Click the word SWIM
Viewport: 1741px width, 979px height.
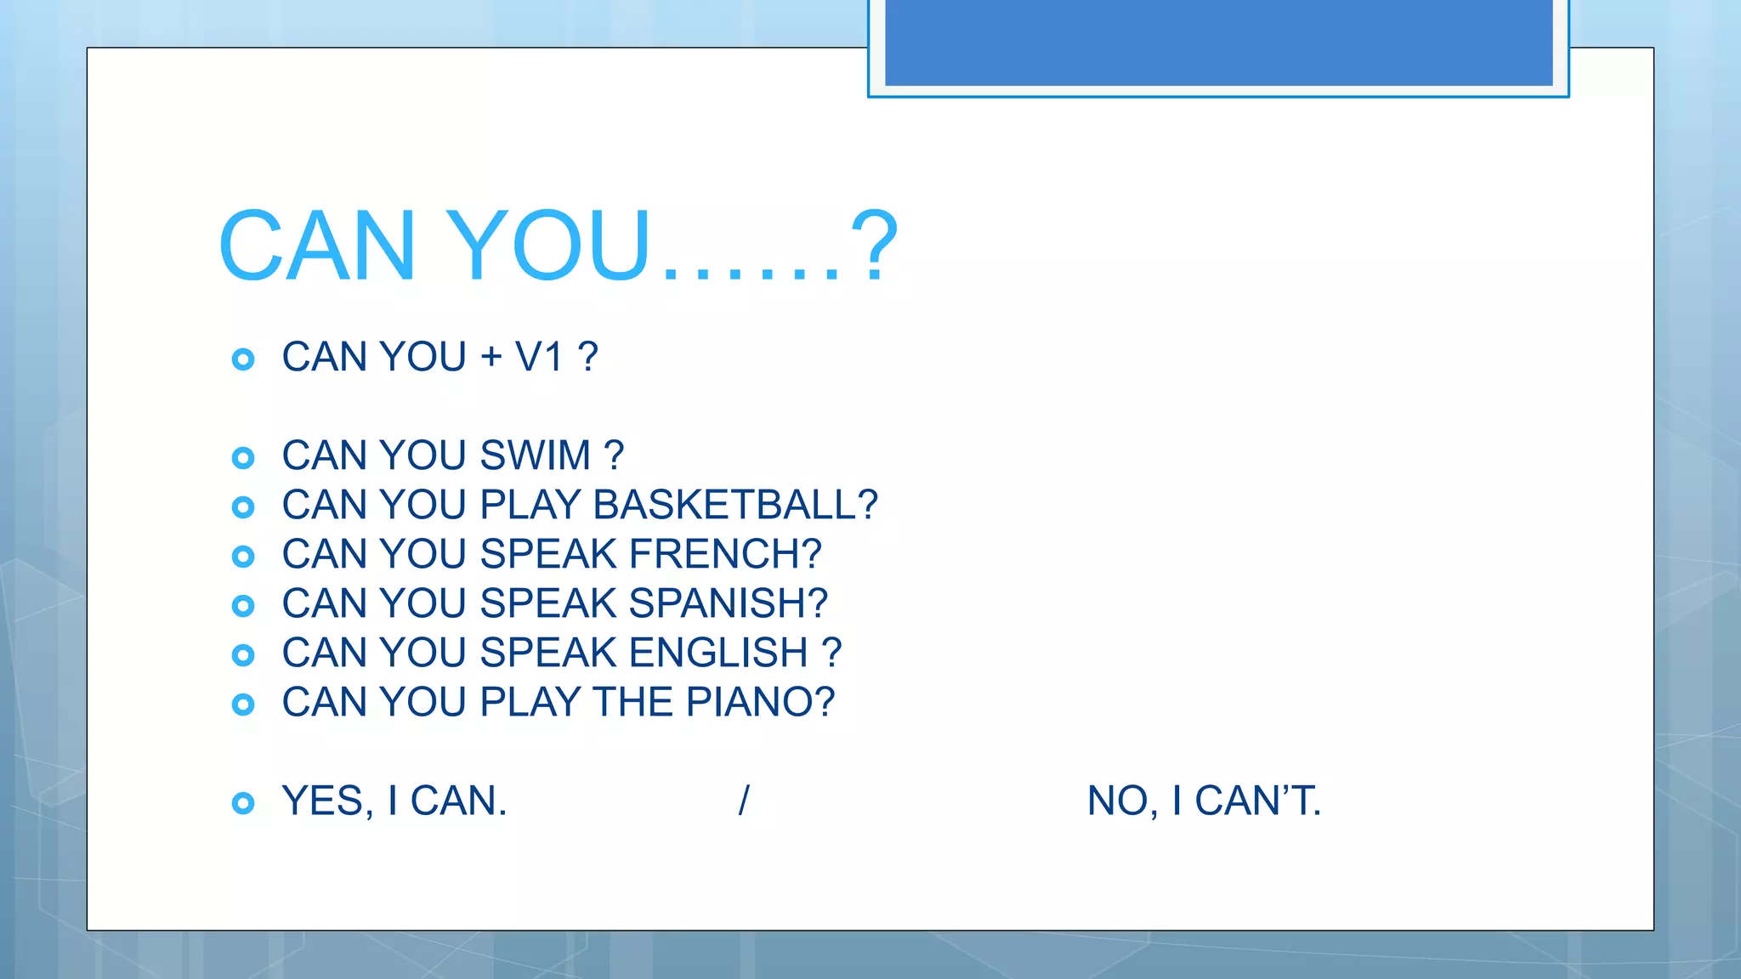pyautogui.click(x=535, y=456)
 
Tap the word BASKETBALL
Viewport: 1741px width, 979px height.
pyautogui.click(x=724, y=505)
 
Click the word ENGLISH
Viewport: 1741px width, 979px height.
pyautogui.click(x=718, y=653)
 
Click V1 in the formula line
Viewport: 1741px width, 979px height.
pyautogui.click(x=539, y=357)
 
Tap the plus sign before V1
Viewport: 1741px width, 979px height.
pyautogui.click(x=491, y=357)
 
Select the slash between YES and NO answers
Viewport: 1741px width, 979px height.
pyautogui.click(x=744, y=801)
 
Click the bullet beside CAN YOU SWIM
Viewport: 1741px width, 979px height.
pyautogui.click(x=243, y=458)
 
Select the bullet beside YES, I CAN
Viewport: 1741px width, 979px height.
pyautogui.click(x=243, y=803)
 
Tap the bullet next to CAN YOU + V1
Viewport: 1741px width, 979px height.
pyautogui.click(x=243, y=359)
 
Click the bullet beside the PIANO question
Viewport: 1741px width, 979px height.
pyautogui.click(x=243, y=705)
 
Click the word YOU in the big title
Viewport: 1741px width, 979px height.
pyautogui.click(x=547, y=246)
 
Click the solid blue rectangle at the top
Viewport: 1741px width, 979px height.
pyautogui.click(x=1218, y=42)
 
